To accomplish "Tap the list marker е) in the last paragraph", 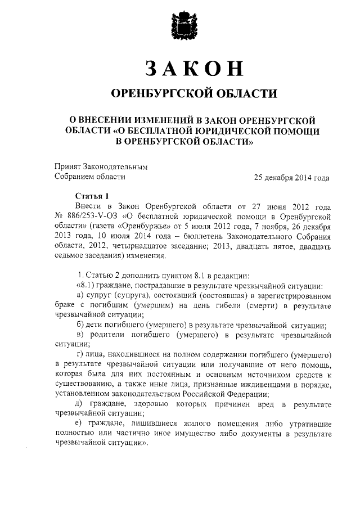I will pos(80,424).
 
